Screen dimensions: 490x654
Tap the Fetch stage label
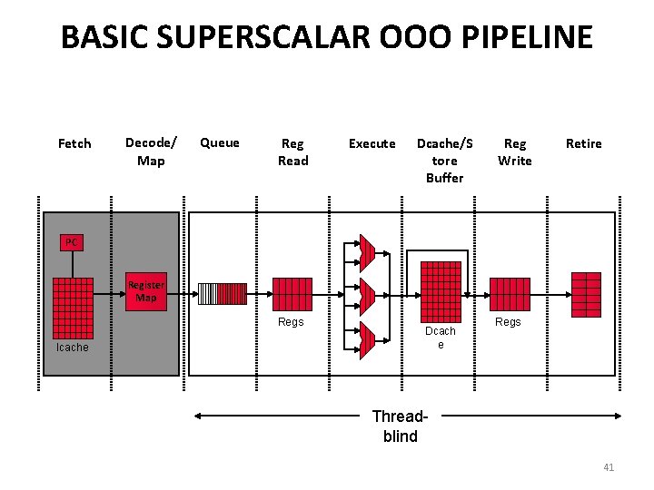[x=74, y=143]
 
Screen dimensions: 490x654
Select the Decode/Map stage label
[x=151, y=152]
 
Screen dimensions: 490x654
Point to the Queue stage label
[x=220, y=142]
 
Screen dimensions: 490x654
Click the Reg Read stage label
[x=292, y=152]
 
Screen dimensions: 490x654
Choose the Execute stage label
[x=372, y=143]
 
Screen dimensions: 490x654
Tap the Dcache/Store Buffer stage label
[x=444, y=160]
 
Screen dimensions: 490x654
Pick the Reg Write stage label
[x=514, y=152]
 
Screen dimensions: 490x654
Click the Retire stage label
[x=583, y=143]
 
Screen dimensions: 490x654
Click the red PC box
[x=72, y=242]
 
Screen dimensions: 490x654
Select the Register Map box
[x=146, y=291]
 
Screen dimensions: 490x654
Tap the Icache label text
[x=73, y=348]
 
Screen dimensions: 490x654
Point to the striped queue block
[x=222, y=294]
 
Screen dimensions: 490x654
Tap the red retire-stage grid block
[x=586, y=294]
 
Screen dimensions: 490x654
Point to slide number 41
[x=609, y=467]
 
